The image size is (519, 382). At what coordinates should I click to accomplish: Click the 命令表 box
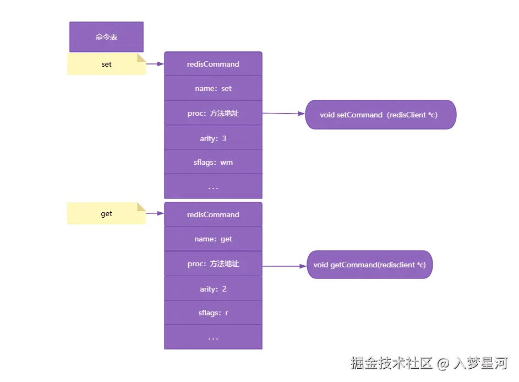(106, 37)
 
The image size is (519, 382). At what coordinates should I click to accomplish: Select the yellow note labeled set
(106, 64)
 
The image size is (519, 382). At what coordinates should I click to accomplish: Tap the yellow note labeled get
(106, 214)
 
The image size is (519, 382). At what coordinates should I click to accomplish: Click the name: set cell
(213, 88)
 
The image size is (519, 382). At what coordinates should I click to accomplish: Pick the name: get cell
(213, 239)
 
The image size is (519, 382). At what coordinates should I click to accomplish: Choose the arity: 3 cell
(213, 138)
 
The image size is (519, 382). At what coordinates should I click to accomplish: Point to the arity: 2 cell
(213, 289)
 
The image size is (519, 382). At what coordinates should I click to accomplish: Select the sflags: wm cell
(213, 163)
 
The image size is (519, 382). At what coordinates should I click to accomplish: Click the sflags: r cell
(213, 313)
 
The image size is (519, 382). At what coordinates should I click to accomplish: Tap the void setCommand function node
(380, 115)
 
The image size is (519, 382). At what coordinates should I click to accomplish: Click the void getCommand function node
(369, 265)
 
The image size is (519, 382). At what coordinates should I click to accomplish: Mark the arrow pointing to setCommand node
(283, 114)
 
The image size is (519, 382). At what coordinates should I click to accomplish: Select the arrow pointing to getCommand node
(284, 266)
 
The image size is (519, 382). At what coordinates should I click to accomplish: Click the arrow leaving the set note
(155, 64)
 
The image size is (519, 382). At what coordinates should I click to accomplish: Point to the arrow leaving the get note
(155, 214)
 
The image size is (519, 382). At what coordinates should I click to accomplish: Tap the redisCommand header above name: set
(213, 64)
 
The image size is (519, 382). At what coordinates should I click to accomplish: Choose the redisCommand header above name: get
(213, 214)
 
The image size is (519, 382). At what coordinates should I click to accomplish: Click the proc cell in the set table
(213, 113)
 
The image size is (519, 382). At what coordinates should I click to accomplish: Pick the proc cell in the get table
(213, 263)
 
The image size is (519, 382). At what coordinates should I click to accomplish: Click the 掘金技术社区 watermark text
(392, 363)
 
